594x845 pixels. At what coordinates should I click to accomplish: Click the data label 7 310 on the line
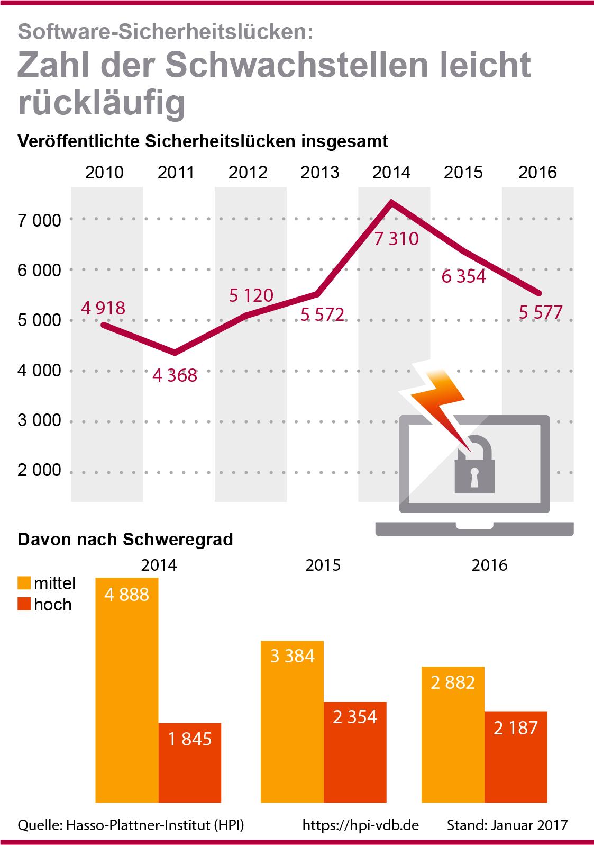click(x=396, y=239)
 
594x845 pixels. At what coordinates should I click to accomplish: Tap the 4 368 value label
click(x=175, y=375)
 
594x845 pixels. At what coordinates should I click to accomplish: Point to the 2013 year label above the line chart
click(x=319, y=173)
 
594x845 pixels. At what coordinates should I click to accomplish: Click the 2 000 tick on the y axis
click(x=39, y=471)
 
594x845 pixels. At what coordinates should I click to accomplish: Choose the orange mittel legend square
click(x=24, y=583)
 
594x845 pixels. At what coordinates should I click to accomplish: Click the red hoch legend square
click(x=24, y=604)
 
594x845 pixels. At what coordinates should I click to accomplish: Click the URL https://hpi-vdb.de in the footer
click(x=361, y=825)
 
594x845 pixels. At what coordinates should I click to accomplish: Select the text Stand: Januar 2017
click(x=507, y=825)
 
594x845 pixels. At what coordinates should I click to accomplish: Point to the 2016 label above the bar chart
click(x=489, y=565)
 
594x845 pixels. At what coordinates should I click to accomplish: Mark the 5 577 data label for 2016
click(x=540, y=313)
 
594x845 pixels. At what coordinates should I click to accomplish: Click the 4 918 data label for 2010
click(x=103, y=308)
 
